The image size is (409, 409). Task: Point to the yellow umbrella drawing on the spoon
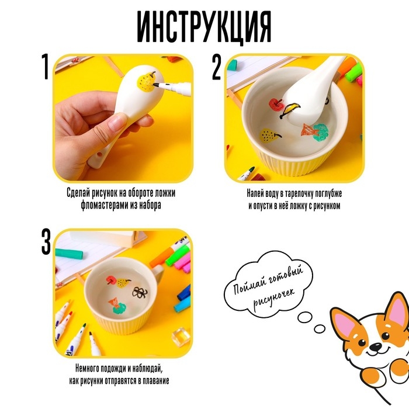[290, 109]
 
